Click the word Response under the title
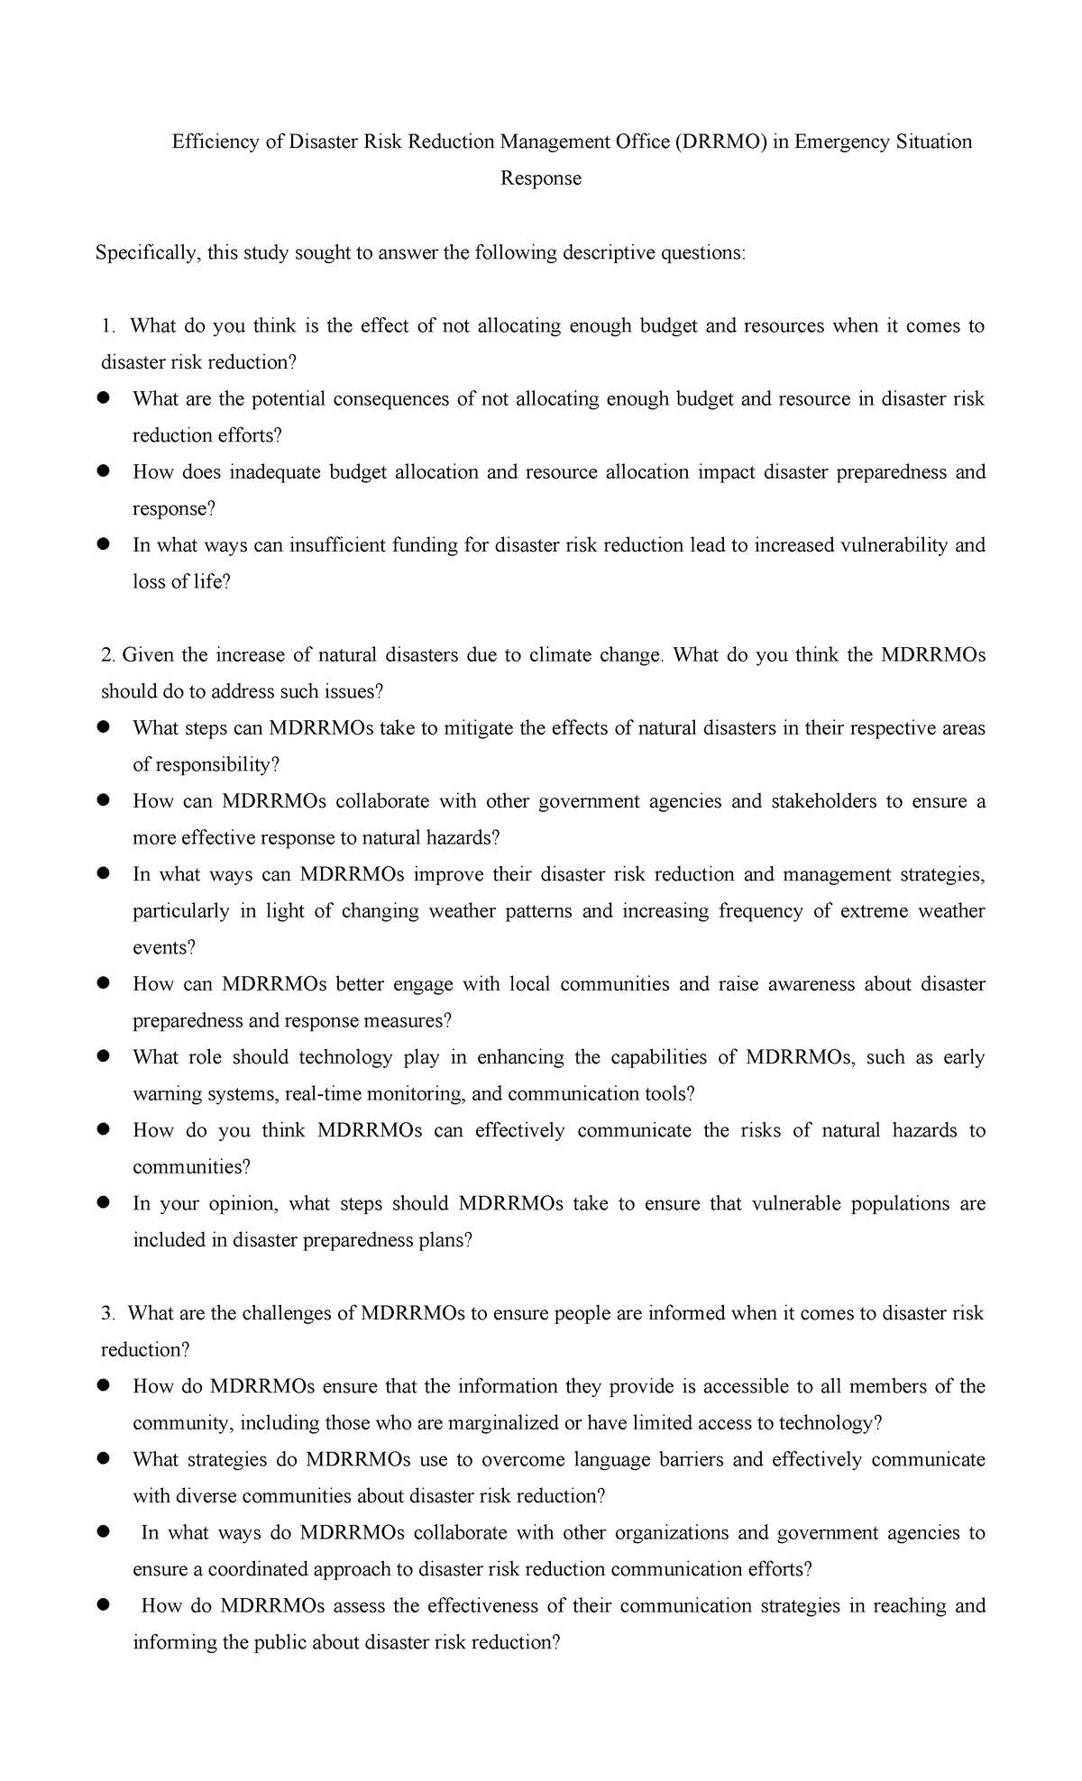[541, 178]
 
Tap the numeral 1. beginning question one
[110, 326]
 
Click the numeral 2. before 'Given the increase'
[109, 655]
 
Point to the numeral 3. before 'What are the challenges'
[109, 1313]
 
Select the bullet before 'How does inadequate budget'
[104, 470]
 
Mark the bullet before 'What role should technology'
[104, 1055]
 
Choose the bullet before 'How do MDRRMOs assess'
[104, 1604]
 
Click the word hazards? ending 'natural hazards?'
[464, 838]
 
